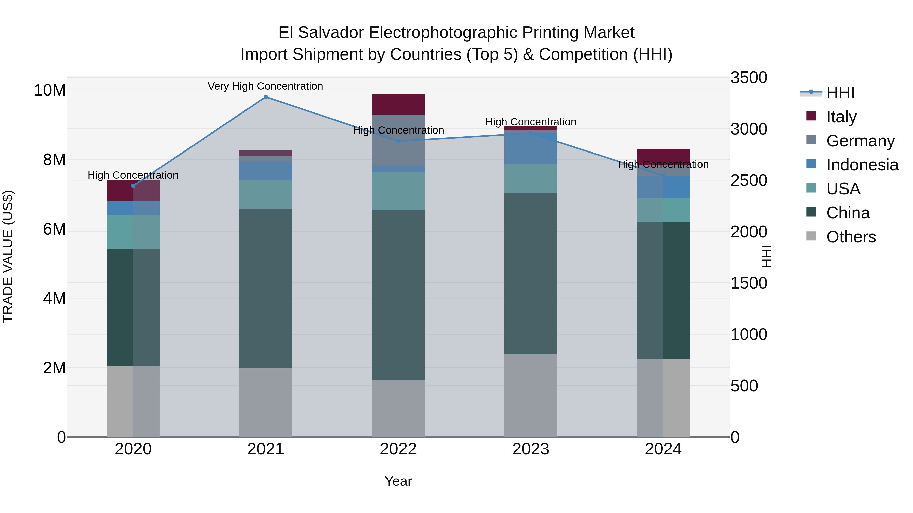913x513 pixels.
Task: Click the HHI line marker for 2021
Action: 266,97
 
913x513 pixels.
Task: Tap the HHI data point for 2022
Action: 398,141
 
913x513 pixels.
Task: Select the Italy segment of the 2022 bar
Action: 398,104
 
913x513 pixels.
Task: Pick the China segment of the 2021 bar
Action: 266,288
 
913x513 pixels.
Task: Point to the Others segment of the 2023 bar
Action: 531,395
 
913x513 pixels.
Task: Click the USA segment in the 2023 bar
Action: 531,178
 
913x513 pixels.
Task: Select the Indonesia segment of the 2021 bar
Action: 266,171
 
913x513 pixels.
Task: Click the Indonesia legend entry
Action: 861,165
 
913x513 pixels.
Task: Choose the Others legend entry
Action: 851,237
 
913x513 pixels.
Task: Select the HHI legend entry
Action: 840,93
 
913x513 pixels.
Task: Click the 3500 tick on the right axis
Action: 749,78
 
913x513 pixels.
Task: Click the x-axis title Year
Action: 398,481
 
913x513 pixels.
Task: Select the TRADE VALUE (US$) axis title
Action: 8,256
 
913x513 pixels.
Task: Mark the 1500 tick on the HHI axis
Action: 749,283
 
